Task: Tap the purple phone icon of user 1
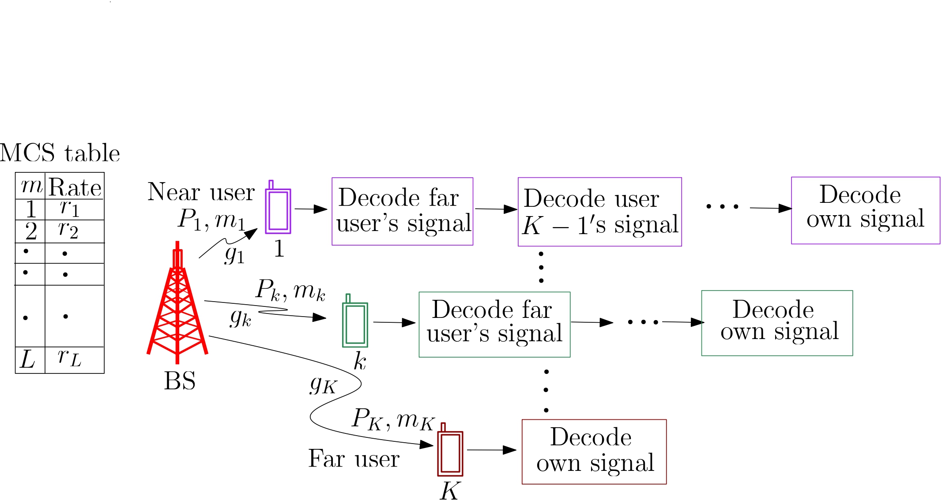pyautogui.click(x=278, y=210)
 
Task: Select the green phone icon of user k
pyautogui.click(x=355, y=324)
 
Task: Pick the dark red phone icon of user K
pyautogui.click(x=450, y=452)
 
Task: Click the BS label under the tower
pyautogui.click(x=179, y=381)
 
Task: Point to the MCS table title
pyautogui.click(x=60, y=153)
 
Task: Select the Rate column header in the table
pyautogui.click(x=75, y=187)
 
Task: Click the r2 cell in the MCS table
pyautogui.click(x=69, y=230)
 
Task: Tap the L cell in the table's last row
pyautogui.click(x=28, y=360)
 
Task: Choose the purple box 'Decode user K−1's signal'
pyautogui.click(x=599, y=212)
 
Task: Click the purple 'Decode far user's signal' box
pyautogui.click(x=402, y=211)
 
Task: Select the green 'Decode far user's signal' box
pyautogui.click(x=494, y=324)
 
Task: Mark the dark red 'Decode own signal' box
pyautogui.click(x=594, y=451)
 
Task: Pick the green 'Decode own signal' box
pyautogui.click(x=777, y=323)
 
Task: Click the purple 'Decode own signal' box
pyautogui.click(x=865, y=210)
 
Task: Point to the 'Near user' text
pyautogui.click(x=201, y=192)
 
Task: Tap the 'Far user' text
pyautogui.click(x=354, y=459)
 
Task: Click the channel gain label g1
pyautogui.click(x=234, y=255)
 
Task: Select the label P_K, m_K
pyautogui.click(x=393, y=419)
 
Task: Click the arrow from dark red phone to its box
pyautogui.click(x=491, y=450)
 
